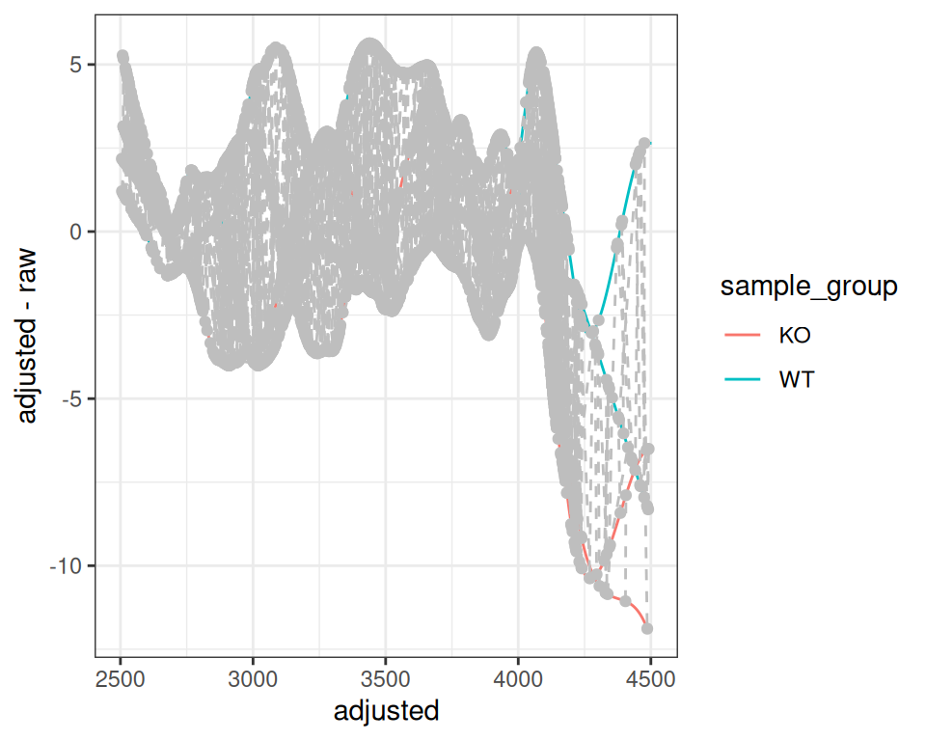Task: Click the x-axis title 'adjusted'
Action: coord(386,712)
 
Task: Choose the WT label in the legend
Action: coord(797,379)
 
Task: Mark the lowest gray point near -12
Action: coord(647,628)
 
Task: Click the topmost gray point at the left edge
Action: coord(123,57)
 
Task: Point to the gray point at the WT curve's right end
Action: coord(645,143)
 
